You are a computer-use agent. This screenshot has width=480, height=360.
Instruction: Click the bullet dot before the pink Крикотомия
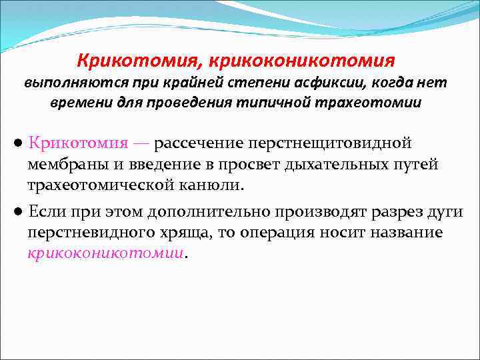[x=21, y=144]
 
